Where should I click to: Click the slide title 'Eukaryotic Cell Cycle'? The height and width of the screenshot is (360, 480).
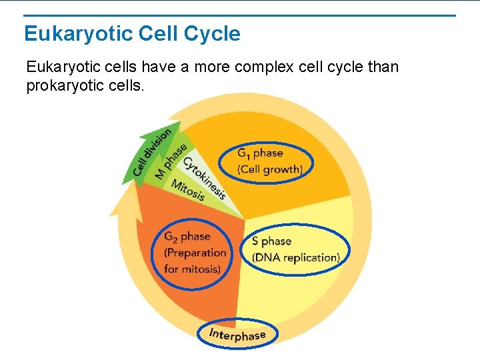point(132,33)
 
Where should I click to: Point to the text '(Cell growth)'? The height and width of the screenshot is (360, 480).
point(269,169)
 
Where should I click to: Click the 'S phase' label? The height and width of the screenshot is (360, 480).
point(271,241)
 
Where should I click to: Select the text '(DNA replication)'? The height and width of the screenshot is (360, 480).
point(295,257)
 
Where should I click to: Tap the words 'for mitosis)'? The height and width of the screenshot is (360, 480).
point(192,269)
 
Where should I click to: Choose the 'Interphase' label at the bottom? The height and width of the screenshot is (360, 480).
point(237,335)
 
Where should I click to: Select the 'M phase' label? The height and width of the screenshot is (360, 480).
point(171,161)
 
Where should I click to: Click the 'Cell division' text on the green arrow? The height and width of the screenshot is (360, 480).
point(151,152)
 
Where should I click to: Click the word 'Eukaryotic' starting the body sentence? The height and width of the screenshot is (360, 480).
point(58,67)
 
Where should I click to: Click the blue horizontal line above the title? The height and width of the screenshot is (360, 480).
point(240,15)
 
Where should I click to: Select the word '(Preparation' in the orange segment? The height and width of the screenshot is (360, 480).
point(195,253)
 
